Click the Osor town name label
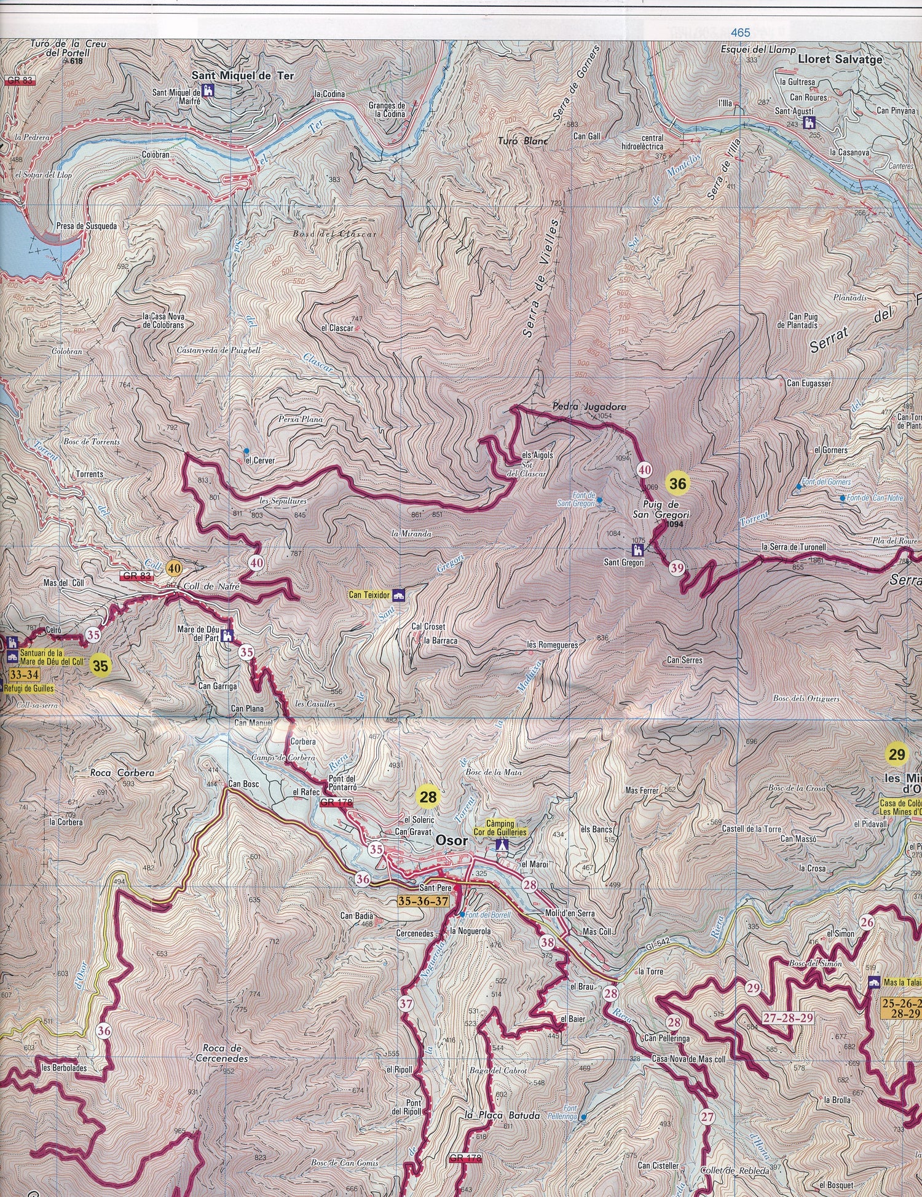[x=451, y=840]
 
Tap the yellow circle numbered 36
[x=677, y=484]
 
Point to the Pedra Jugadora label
[x=580, y=407]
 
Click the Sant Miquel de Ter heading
[x=242, y=76]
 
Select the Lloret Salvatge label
[x=840, y=60]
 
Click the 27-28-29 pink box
[x=788, y=1017]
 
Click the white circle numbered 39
[x=677, y=569]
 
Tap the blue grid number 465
[x=741, y=33]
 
